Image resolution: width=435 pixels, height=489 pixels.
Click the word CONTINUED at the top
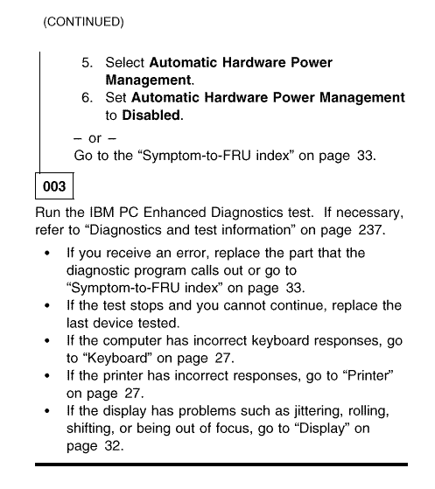click(x=84, y=22)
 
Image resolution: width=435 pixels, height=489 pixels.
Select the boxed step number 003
click(x=54, y=186)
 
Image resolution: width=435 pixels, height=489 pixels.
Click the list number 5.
click(x=87, y=63)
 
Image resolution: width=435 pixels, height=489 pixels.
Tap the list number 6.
click(x=87, y=98)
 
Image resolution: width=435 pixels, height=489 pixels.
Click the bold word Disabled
click(x=151, y=115)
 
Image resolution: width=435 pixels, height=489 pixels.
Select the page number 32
click(x=112, y=445)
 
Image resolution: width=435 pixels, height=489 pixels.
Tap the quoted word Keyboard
click(x=117, y=358)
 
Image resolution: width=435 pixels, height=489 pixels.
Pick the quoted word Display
click(x=322, y=428)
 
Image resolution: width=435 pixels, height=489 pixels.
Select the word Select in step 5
click(x=125, y=62)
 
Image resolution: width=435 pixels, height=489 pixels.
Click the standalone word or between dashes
click(x=95, y=138)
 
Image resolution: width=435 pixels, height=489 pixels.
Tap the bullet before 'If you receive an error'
click(x=47, y=253)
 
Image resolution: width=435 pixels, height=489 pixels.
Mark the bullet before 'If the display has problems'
click(x=47, y=411)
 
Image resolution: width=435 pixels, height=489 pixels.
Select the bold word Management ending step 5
click(x=148, y=80)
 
